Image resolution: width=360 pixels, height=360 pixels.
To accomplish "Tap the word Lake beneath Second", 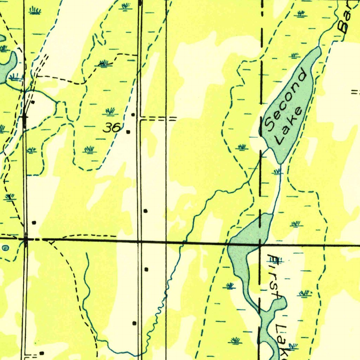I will tap(289, 126).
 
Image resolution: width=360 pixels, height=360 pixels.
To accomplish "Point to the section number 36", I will tap(112, 128).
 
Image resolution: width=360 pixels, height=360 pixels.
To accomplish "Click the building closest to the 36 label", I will tap(128, 132).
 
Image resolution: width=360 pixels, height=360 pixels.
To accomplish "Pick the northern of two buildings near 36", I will tap(133, 115).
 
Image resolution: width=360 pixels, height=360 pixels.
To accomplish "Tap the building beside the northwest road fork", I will tap(33, 102).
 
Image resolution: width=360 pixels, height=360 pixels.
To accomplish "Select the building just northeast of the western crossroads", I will tap(34, 223).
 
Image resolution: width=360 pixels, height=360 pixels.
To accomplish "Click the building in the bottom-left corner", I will tap(42, 353).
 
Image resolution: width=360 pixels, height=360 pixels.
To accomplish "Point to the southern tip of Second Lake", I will tap(281, 163).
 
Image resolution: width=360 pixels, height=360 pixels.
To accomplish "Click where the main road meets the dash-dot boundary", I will tap(260, 243).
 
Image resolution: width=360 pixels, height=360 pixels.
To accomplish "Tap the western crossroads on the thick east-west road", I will tap(26, 239).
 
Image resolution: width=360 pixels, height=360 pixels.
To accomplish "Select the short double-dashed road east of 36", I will tap(158, 119).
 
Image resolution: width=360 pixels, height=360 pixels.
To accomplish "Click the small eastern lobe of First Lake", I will tap(279, 303).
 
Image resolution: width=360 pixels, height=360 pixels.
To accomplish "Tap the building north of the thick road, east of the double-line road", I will tap(146, 211).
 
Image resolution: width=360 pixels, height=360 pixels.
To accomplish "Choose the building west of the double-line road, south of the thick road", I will tap(134, 323).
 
